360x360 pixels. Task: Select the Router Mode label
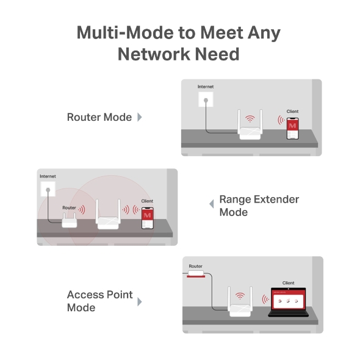[x=99, y=117]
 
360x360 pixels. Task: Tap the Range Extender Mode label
[x=259, y=206]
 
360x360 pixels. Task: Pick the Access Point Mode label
[x=99, y=301]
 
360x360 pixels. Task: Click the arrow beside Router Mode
[x=140, y=117]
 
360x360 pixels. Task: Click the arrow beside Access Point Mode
[x=140, y=301]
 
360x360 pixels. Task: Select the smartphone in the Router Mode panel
[x=293, y=127]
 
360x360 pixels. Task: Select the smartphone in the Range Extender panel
[x=147, y=217]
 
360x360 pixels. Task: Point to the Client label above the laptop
[x=288, y=283]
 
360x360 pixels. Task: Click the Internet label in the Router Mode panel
[x=206, y=87]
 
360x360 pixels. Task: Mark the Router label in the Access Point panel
[x=195, y=266]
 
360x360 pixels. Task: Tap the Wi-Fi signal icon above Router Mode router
[x=249, y=118]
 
